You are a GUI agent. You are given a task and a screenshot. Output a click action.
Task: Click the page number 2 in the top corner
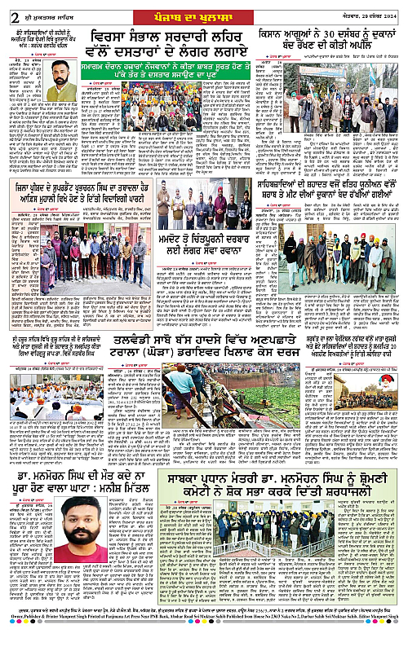7,8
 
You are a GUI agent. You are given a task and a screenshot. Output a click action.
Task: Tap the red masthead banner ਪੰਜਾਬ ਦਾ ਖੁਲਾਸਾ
203,7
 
